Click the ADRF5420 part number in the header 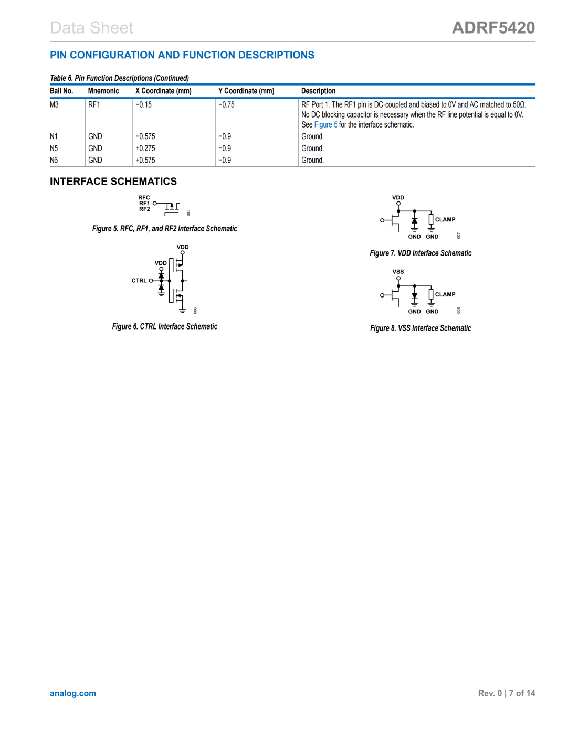tap(493, 28)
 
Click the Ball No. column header tap(61, 91)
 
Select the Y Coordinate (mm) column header tap(246, 91)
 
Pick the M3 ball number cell tap(54, 105)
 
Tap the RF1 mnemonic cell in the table tap(94, 105)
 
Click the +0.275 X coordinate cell tap(145, 148)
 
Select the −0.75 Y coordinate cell tap(226, 105)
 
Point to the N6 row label tap(54, 161)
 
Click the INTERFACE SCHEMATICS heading tap(113, 182)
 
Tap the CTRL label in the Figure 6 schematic tap(139, 281)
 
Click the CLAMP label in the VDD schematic tap(445, 220)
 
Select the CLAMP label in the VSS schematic tap(445, 295)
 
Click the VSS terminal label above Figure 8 tap(398, 272)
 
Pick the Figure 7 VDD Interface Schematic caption tap(421, 253)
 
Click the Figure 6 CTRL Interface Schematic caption tap(164, 326)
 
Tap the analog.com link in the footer tap(73, 693)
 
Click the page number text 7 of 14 tap(522, 693)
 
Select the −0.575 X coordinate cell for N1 tap(145, 136)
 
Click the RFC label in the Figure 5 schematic tap(144, 198)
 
